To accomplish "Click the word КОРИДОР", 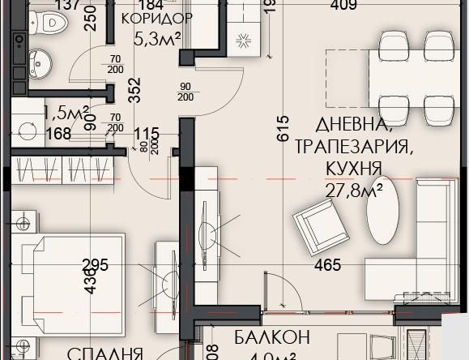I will (156, 19).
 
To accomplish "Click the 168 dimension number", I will (58, 134).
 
